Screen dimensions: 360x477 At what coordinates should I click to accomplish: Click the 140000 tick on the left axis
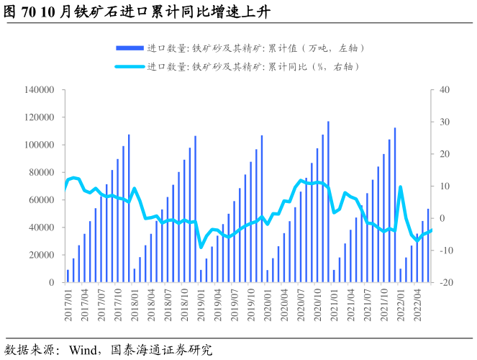pyautogui.click(x=40, y=90)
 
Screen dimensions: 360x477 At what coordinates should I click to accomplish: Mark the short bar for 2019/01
pyautogui.click(x=201, y=276)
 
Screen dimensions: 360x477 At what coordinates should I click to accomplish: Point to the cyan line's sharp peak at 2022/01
pyautogui.click(x=401, y=187)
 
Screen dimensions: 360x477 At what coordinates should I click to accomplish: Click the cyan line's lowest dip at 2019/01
pyautogui.click(x=201, y=247)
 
